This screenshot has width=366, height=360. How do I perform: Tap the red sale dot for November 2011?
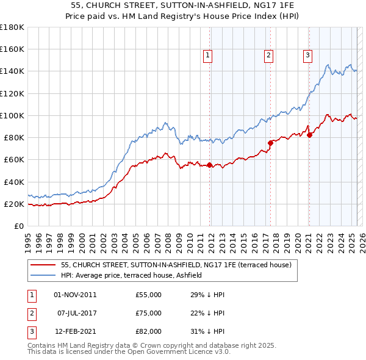210,165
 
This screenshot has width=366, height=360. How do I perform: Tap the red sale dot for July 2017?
271,143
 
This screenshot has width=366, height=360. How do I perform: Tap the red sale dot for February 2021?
309,135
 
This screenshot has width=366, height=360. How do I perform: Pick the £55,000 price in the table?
148,295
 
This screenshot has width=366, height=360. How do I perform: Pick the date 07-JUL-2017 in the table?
76,313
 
